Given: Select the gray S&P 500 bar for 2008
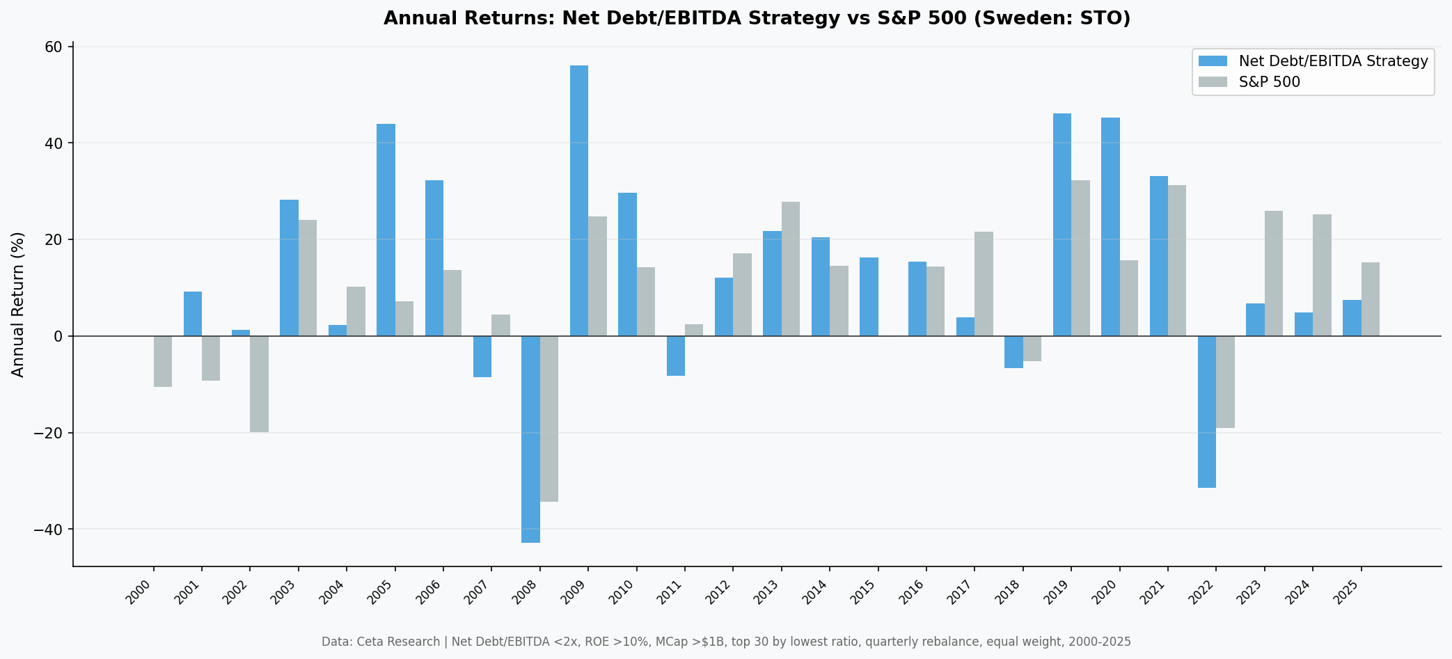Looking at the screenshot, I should pyautogui.click(x=549, y=418).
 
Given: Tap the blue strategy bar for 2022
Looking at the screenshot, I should pyautogui.click(x=1206, y=411).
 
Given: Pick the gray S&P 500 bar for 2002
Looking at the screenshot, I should pyautogui.click(x=259, y=383).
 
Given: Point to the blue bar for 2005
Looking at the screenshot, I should pyautogui.click(x=386, y=230).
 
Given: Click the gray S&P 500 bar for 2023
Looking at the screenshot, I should pyautogui.click(x=1273, y=273).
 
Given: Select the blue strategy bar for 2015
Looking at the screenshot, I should pyautogui.click(x=869, y=296).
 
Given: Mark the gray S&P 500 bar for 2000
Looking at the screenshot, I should pyautogui.click(x=163, y=361).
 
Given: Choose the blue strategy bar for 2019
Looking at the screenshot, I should pyautogui.click(x=1062, y=224).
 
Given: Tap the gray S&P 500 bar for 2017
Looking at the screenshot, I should pyautogui.click(x=984, y=284).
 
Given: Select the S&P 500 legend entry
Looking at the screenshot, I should pyautogui.click(x=1269, y=82).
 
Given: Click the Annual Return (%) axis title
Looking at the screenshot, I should pyautogui.click(x=18, y=304).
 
